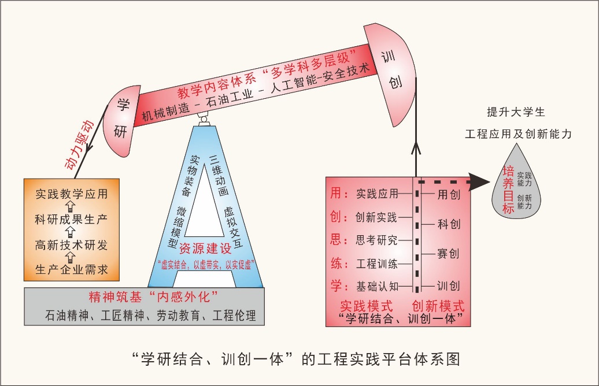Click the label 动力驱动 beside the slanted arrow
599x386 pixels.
tap(79, 146)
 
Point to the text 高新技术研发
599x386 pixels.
tap(71, 245)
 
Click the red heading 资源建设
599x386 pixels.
tap(205, 250)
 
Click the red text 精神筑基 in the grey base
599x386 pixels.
tap(113, 297)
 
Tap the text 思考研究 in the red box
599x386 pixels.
tap(376, 240)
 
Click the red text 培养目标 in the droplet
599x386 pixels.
tap(508, 190)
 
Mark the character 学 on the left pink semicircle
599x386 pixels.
tap(123, 105)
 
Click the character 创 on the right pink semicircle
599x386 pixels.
tap(395, 82)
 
